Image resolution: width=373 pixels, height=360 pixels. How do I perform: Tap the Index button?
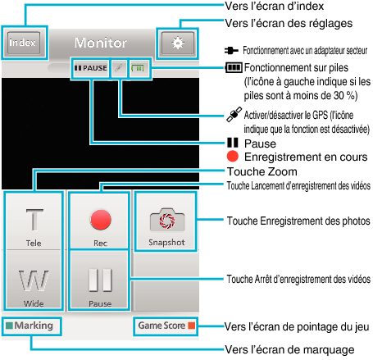[24, 43]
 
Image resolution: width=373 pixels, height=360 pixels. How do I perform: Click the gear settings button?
[178, 43]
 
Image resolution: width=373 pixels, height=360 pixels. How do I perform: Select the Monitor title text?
[101, 43]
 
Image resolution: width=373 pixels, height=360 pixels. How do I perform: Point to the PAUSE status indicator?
[91, 68]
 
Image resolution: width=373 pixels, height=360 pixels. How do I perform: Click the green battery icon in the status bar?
[138, 68]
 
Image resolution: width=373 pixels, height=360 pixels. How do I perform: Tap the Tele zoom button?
[34, 221]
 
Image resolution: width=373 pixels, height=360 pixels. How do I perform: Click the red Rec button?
[100, 221]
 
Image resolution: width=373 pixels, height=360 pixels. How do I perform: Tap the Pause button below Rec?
[100, 280]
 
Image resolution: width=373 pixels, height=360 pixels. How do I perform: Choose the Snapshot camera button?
[166, 221]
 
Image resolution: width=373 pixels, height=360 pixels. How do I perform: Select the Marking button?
[31, 326]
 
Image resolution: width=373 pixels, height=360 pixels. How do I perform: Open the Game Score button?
[166, 326]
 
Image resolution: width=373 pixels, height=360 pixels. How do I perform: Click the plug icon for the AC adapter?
[231, 50]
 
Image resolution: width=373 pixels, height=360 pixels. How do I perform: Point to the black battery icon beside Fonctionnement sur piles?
[234, 67]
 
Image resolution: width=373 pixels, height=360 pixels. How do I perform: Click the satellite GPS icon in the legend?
[234, 114]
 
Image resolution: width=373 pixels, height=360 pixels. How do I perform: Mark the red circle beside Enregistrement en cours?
[233, 157]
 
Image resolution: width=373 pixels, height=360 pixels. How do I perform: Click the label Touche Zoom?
[262, 171]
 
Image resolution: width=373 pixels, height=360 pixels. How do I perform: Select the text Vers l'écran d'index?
[274, 6]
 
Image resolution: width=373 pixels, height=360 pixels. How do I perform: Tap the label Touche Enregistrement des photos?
[298, 221]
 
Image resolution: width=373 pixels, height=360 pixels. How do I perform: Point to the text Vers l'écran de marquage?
[289, 349]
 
